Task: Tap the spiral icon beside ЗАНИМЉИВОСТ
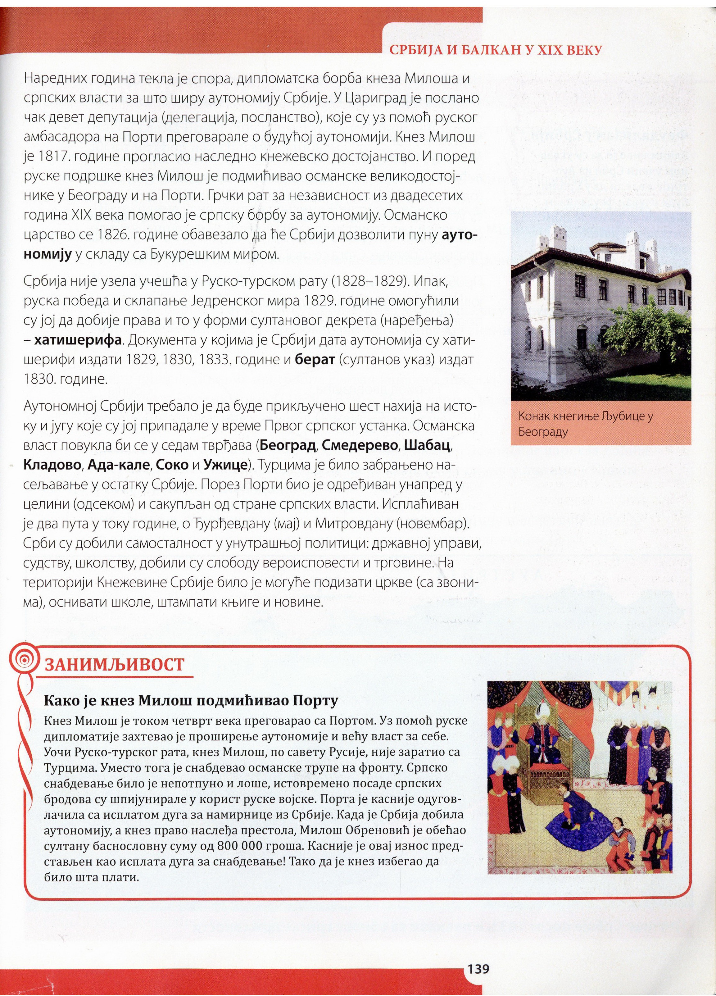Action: [x=27, y=659]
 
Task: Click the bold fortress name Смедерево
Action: [x=360, y=445]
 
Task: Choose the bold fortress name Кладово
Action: [x=52, y=465]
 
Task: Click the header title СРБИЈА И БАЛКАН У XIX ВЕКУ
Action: [x=495, y=50]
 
